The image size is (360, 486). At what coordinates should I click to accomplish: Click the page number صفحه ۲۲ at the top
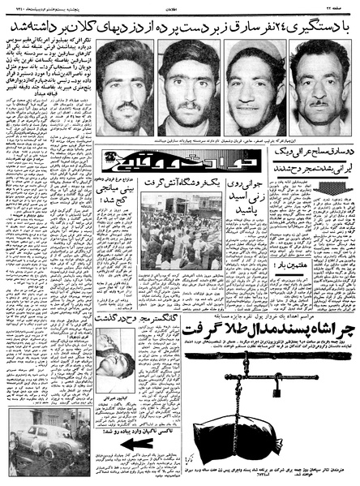pos(336,6)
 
